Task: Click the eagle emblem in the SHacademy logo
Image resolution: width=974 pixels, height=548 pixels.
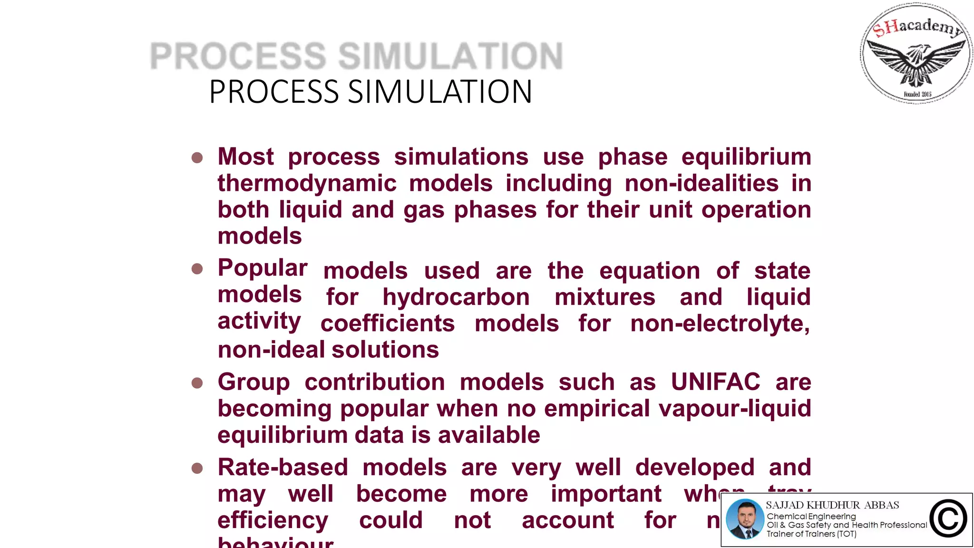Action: click(x=916, y=62)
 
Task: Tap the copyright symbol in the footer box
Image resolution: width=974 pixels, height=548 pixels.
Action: click(x=948, y=519)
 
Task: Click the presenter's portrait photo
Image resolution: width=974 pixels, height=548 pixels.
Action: click(x=745, y=519)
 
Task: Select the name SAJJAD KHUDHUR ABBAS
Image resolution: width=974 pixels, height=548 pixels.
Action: click(x=832, y=505)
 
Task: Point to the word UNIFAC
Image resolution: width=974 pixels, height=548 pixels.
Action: click(x=715, y=382)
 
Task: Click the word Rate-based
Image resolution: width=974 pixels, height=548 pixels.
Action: click(x=283, y=468)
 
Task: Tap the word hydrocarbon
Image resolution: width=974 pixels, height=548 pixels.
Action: click(x=456, y=297)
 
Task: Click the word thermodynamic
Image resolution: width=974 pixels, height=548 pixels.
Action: click(x=307, y=184)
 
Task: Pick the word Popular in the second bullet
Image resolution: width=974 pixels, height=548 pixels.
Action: click(x=263, y=268)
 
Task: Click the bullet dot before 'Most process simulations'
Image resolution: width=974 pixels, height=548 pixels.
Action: click(x=197, y=157)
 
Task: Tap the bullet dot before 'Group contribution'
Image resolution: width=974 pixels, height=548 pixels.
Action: click(x=197, y=383)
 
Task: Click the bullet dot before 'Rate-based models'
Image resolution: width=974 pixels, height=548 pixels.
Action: click(x=197, y=469)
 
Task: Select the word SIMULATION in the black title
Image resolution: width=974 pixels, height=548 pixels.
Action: click(x=440, y=92)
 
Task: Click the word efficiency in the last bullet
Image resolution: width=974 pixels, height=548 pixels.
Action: click(x=273, y=520)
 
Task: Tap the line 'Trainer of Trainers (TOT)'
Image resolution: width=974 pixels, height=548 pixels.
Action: click(x=811, y=534)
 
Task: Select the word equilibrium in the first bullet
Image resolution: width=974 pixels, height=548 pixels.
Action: click(x=746, y=157)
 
